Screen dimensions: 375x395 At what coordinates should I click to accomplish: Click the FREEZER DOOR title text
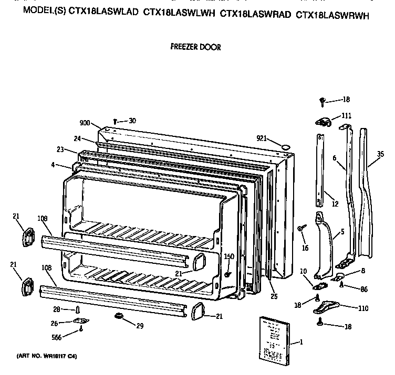click(195, 47)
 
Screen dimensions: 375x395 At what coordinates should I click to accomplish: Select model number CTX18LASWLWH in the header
click(179, 15)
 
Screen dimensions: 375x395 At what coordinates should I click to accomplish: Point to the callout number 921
click(263, 138)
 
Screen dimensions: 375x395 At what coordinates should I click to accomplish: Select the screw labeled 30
click(116, 122)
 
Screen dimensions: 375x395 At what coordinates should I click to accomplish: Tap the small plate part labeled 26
click(82, 322)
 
